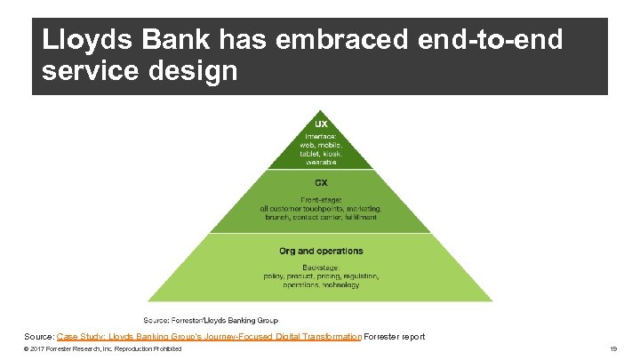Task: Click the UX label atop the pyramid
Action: pos(321,123)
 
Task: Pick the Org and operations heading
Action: pos(321,251)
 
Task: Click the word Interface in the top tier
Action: pos(320,134)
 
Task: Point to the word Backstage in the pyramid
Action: pos(320,266)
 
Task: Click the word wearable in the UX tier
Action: pos(321,163)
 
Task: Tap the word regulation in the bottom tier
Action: pos(359,276)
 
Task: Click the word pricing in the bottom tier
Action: pos(321,276)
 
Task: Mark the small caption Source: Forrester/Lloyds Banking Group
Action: pos(212,320)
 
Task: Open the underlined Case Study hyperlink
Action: pos(209,337)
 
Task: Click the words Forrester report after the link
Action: pos(395,337)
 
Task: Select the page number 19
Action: pos(613,349)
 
